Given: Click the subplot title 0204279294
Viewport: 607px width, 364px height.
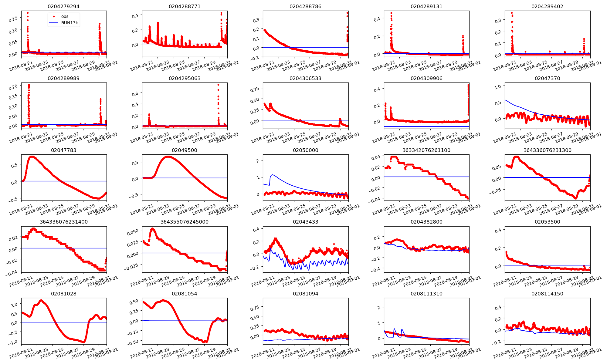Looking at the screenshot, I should coord(64,6).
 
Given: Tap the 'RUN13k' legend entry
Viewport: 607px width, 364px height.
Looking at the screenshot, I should coord(70,23).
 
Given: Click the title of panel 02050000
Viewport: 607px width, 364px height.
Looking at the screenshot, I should coord(305,150).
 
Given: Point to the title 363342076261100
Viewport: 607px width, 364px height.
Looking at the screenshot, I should coord(426,150).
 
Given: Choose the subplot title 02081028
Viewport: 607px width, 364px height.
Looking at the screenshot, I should coord(64,294).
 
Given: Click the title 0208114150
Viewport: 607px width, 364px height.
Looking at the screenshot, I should coord(547,294).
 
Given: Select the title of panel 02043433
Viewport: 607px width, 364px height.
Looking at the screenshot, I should coord(305,222).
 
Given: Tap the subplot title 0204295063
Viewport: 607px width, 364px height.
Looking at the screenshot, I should coord(185,78).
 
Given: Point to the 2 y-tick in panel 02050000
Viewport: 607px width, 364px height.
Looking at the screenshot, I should coord(258,161).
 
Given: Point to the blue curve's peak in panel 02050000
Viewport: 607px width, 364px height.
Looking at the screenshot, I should coord(273,175).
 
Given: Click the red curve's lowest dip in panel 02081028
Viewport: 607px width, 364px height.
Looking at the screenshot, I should coord(83,342).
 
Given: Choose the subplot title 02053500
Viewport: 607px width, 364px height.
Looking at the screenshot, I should coord(547,222).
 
